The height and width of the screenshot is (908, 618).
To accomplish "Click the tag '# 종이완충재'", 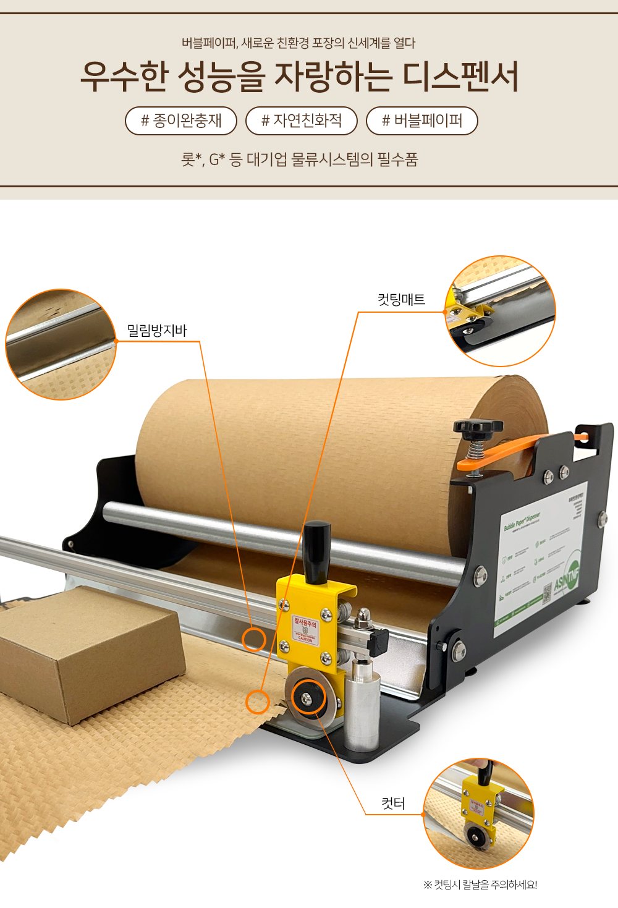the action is click(x=181, y=121).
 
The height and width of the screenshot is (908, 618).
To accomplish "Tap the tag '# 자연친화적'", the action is click(x=302, y=121).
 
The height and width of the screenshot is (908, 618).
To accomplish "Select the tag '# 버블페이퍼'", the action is click(x=422, y=121).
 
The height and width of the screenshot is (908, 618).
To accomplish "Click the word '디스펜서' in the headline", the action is click(x=460, y=77).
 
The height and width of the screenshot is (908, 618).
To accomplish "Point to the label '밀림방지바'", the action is click(x=157, y=331).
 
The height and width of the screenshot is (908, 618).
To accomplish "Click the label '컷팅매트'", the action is click(x=401, y=300).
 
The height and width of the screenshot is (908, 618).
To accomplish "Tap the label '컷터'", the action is click(x=393, y=804).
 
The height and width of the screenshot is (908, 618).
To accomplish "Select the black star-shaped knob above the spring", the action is click(x=478, y=427).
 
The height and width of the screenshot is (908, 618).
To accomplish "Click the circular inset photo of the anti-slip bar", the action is click(x=61, y=344).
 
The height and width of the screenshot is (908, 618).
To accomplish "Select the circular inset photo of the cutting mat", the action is click(x=500, y=311).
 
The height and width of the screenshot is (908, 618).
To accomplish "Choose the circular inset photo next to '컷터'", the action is click(x=479, y=813).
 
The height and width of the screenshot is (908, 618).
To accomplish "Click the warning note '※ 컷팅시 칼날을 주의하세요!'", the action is click(x=480, y=885).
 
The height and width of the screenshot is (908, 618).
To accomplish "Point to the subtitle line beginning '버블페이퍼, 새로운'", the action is click(x=298, y=43).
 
